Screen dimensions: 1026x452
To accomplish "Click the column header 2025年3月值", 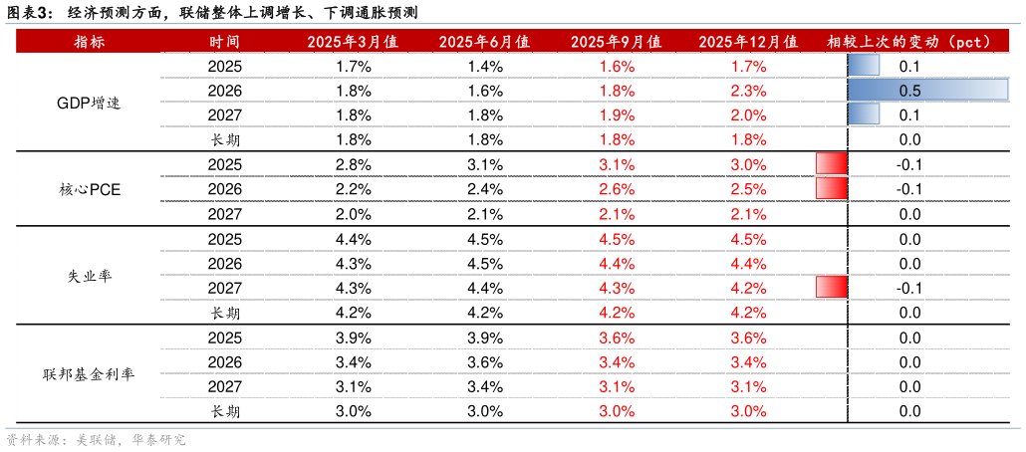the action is click(354, 42).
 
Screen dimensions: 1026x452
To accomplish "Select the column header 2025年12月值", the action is click(748, 42).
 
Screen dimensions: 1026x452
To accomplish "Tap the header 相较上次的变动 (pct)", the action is click(909, 42).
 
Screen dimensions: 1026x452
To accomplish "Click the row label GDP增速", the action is click(89, 104).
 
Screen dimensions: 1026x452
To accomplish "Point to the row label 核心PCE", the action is click(89, 190).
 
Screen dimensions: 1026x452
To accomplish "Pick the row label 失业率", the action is click(89, 276).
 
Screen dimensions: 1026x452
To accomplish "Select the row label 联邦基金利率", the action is click(89, 374).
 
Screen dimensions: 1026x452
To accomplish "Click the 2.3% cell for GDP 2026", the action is click(748, 91).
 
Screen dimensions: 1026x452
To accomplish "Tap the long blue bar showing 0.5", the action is click(927, 91).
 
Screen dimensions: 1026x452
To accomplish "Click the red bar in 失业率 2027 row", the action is click(832, 287).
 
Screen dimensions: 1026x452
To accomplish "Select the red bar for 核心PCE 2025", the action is click(832, 164).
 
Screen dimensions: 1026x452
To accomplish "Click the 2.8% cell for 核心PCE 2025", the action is click(355, 164).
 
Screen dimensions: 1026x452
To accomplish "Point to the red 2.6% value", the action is click(617, 189).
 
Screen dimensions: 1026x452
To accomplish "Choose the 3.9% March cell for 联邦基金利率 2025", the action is click(355, 338).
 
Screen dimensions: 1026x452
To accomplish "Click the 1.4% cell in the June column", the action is click(485, 66).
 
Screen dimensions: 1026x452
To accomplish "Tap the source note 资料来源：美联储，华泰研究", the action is click(96, 439).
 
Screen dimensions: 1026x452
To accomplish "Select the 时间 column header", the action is click(224, 42).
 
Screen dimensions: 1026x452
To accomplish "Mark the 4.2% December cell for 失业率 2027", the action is click(748, 288).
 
